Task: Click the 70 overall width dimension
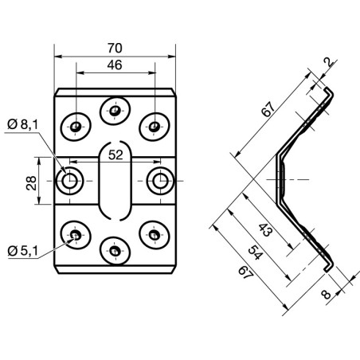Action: pos(115,46)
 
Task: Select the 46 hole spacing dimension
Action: pos(115,67)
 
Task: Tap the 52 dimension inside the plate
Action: pos(115,155)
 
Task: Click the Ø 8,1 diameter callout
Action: pos(22,124)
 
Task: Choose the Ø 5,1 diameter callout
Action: pos(22,252)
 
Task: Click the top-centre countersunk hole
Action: pos(115,108)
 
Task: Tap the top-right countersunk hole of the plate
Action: pos(153,125)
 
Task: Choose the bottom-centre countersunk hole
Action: pos(115,252)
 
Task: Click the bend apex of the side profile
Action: pos(277,181)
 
